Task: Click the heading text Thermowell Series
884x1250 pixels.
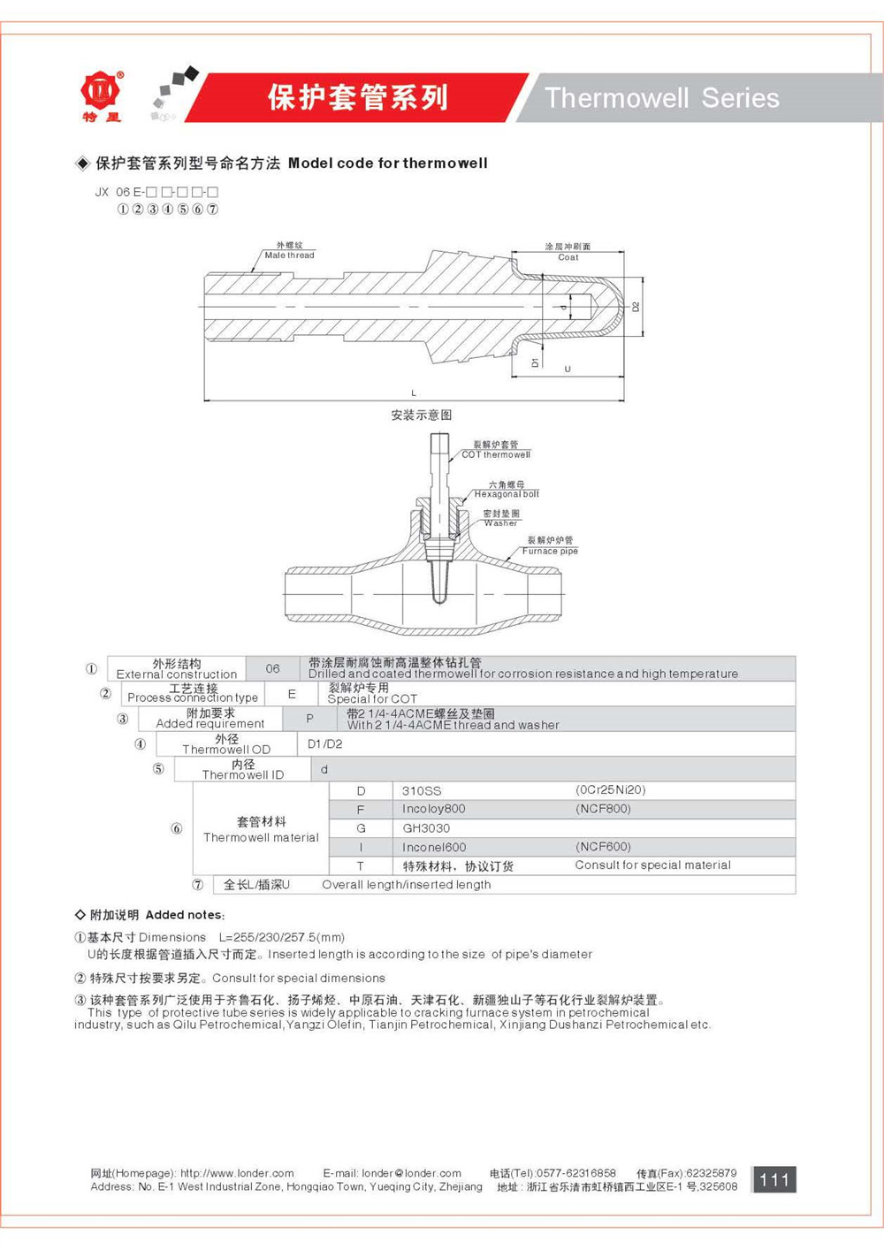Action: click(x=661, y=97)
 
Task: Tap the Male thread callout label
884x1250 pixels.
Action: click(x=289, y=255)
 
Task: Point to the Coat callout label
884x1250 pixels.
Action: click(x=568, y=257)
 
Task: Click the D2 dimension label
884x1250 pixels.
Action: click(x=635, y=307)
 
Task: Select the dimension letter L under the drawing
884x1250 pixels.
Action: click(x=414, y=393)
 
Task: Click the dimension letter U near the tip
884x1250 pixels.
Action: click(x=568, y=369)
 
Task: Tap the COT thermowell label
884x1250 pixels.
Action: click(x=495, y=454)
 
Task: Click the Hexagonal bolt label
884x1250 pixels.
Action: click(x=506, y=494)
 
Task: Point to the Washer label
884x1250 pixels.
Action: click(x=500, y=522)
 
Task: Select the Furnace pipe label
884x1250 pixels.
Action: click(x=549, y=551)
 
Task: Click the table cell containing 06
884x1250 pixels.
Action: click(x=272, y=668)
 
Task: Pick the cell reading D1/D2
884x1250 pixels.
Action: click(x=324, y=744)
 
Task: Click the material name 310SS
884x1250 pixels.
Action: click(x=421, y=790)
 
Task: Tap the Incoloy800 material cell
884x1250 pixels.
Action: click(x=433, y=809)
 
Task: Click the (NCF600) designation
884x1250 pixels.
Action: click(x=603, y=847)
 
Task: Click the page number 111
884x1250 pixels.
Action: click(x=773, y=1179)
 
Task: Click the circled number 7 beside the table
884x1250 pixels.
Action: click(x=198, y=885)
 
